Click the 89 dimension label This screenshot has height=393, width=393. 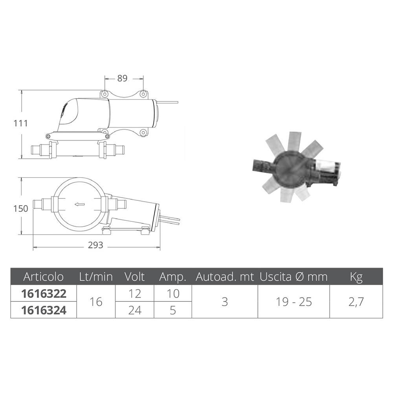coord(122,79)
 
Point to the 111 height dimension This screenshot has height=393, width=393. coord(21,123)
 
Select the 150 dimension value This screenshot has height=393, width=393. coord(21,209)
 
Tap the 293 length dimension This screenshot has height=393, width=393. coord(95,245)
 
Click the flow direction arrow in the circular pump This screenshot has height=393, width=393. coord(80,204)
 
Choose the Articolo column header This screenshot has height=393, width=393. coord(43,277)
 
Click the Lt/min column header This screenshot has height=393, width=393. coord(96,277)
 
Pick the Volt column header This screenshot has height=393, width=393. coord(134,277)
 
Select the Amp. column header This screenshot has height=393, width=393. coord(173,277)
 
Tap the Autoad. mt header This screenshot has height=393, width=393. coord(225,277)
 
